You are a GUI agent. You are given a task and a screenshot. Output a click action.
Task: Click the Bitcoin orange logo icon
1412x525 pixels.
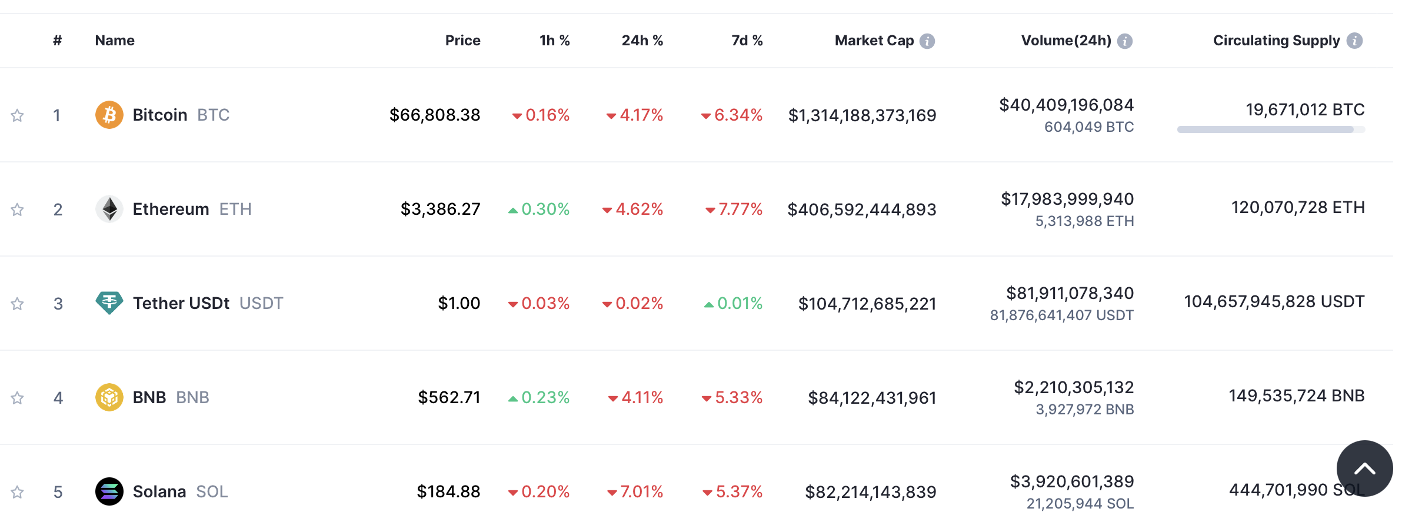click(109, 115)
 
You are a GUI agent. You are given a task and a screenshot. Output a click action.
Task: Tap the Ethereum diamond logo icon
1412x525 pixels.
click(109, 209)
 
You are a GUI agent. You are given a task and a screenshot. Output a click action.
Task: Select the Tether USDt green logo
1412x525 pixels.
click(109, 303)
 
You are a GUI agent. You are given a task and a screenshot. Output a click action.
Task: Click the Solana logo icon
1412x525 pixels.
click(109, 491)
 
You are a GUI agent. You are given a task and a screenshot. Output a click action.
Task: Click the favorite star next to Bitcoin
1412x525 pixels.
click(18, 115)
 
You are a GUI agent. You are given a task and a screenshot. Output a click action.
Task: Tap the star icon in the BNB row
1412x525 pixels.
click(18, 398)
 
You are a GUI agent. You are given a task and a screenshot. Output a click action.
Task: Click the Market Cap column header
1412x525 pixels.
click(874, 41)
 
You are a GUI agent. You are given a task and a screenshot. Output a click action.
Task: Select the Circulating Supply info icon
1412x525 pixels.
click(1354, 41)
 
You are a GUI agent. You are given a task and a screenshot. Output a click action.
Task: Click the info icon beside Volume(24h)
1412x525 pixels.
click(1125, 41)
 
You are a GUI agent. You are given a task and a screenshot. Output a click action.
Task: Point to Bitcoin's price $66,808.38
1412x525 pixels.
click(435, 115)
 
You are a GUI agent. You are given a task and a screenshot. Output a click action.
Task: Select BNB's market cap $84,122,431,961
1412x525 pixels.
click(872, 398)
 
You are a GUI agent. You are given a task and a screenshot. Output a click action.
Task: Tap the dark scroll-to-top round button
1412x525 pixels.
click(1364, 468)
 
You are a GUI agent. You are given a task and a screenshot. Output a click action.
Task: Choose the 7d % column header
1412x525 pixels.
click(747, 41)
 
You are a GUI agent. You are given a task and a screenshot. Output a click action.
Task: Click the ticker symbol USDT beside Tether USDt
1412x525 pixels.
click(261, 303)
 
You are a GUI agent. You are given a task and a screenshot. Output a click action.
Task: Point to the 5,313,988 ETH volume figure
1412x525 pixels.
click(1084, 221)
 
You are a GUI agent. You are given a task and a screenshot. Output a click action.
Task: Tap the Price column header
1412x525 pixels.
click(462, 41)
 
